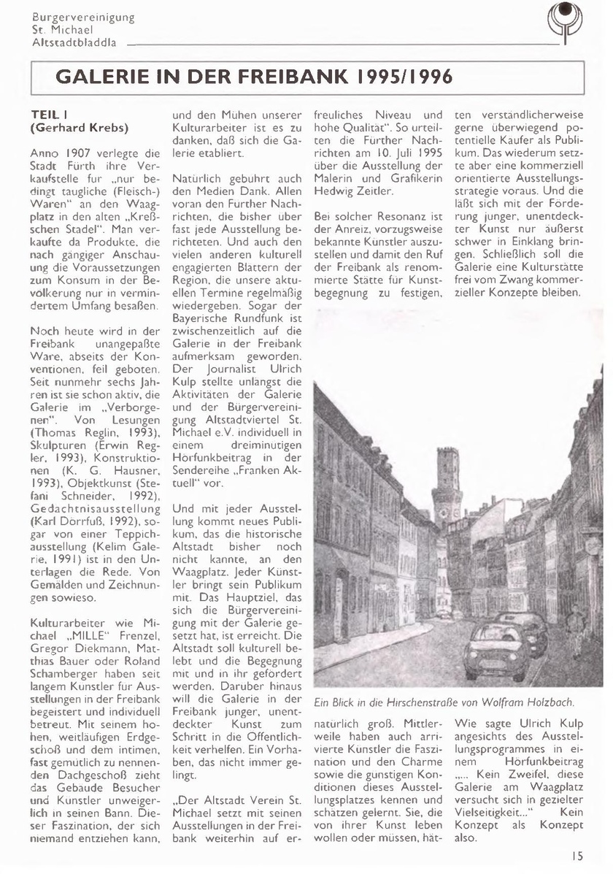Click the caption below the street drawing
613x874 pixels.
(x=444, y=702)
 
